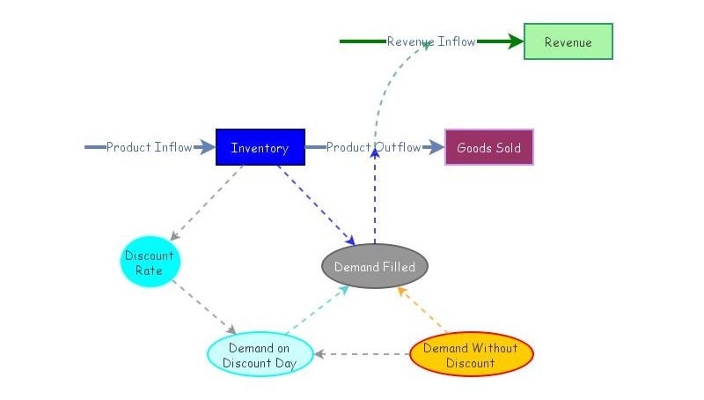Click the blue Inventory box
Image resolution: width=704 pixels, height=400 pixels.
[260, 147]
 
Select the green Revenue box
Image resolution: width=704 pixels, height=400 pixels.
[568, 41]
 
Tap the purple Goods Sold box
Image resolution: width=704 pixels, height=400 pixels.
[488, 147]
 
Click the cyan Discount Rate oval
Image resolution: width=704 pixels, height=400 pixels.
[149, 263]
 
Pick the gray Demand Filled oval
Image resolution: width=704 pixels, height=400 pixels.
[374, 266]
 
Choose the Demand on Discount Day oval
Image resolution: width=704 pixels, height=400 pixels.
[260, 354]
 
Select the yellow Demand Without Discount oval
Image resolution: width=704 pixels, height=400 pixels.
[471, 354]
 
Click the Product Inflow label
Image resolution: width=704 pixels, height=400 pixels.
[149, 147]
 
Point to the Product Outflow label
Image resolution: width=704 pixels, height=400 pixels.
[373, 147]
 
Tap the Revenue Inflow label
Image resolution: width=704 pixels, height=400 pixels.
[430, 41]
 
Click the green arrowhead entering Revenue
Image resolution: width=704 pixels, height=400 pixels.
[515, 41]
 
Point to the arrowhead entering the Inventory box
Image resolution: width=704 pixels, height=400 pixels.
[207, 147]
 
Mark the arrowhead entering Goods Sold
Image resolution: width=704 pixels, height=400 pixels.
[436, 147]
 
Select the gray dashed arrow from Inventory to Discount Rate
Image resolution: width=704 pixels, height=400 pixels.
[208, 202]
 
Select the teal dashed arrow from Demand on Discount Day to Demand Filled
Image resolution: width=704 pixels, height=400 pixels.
[317, 308]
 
